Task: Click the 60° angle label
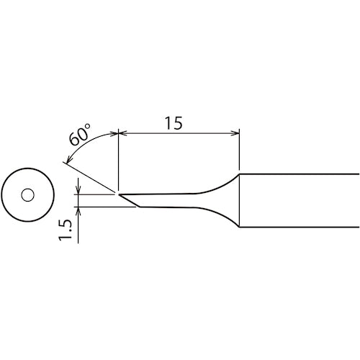tap(80, 135)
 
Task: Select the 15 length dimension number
tap(173, 122)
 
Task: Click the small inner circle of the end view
tap(28, 195)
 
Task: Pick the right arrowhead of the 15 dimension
tap(235, 132)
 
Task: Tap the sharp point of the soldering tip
tap(119, 194)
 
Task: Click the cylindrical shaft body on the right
tap(299, 200)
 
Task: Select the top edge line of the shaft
tap(299, 174)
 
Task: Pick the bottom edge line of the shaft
tap(299, 228)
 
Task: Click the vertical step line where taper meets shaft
tap(239, 200)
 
